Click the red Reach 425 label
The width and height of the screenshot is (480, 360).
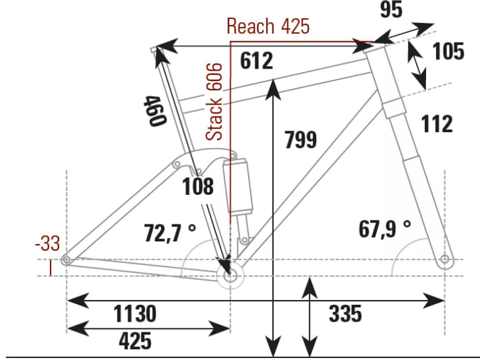(268, 26)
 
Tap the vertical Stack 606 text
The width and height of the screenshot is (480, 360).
(214, 102)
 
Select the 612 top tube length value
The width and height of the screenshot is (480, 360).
(257, 61)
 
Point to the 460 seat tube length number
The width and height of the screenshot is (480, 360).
(154, 111)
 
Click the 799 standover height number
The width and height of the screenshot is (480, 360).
(301, 140)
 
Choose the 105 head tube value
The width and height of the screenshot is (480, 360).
(448, 51)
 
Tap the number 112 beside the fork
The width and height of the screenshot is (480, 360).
(436, 124)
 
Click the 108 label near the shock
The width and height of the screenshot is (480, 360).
(198, 186)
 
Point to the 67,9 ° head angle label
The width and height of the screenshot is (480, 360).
(384, 229)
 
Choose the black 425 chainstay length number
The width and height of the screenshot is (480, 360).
(135, 341)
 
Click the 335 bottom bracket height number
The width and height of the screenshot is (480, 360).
(346, 314)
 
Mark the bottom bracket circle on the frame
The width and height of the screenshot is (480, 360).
(231, 275)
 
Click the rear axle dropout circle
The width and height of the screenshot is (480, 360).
(66, 260)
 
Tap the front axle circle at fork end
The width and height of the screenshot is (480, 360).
(444, 260)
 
